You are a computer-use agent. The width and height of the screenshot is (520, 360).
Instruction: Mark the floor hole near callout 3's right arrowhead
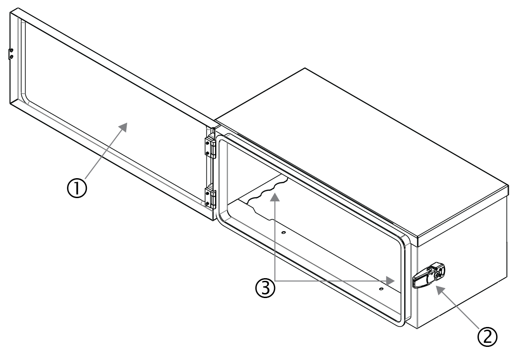coord(381,288)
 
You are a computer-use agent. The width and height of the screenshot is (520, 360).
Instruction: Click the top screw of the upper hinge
coord(208,142)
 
